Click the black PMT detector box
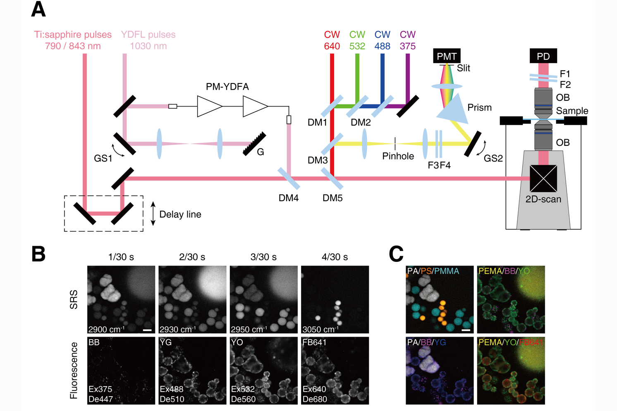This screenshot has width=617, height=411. click(447, 56)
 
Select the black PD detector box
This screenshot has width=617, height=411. click(543, 56)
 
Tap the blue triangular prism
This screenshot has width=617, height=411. click(454, 109)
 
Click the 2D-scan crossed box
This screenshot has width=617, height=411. click(543, 178)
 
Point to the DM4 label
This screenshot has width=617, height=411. click(288, 198)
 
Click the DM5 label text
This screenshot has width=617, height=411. click(332, 198)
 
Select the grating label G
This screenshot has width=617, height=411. click(260, 152)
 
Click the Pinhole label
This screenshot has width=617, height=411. click(398, 156)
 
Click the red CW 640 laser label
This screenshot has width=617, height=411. click(332, 40)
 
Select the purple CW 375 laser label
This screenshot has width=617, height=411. click(408, 40)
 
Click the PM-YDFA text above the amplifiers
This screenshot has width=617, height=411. click(227, 87)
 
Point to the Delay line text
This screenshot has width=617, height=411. click(180, 214)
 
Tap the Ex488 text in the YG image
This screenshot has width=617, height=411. click(171, 389)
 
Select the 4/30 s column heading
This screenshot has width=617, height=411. click(335, 257)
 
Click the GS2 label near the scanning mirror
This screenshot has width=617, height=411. click(493, 158)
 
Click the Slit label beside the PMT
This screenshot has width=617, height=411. click(463, 68)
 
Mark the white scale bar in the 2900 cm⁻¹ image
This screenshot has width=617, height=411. click(147, 330)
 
